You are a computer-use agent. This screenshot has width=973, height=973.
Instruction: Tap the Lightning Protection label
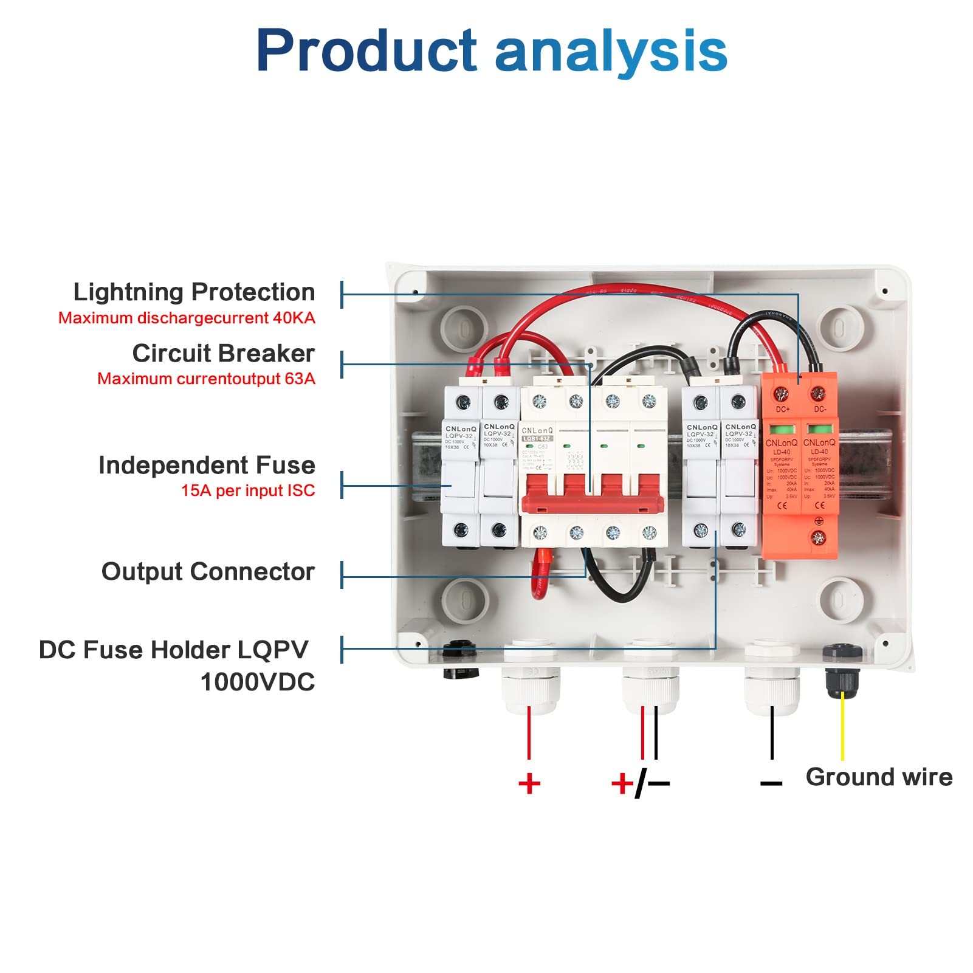pos(194,292)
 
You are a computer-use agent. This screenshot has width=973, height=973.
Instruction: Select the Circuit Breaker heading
pos(223,354)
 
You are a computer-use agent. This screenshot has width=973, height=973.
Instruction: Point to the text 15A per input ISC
pos(248,490)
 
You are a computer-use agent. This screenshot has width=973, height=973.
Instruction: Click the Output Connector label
pos(208,572)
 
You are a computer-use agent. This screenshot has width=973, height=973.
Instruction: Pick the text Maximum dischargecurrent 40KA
pos(187,318)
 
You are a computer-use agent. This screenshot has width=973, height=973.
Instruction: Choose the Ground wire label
pos(879,777)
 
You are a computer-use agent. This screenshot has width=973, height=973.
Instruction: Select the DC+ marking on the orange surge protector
pos(783,410)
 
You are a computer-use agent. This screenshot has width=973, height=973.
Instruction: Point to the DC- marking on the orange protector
pos(820,410)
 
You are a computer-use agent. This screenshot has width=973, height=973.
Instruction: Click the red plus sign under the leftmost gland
pos(529,783)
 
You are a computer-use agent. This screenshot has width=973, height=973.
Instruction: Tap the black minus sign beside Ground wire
pos(771,783)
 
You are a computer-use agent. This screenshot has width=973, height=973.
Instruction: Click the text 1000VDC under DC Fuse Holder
pos(258,682)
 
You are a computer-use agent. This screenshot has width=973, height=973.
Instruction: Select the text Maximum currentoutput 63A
pos(206,379)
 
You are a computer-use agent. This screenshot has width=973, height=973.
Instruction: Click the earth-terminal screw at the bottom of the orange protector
pos(819,537)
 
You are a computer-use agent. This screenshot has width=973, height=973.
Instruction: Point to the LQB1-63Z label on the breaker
pos(537,438)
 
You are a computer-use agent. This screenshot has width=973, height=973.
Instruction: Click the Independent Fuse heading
pos(207,466)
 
